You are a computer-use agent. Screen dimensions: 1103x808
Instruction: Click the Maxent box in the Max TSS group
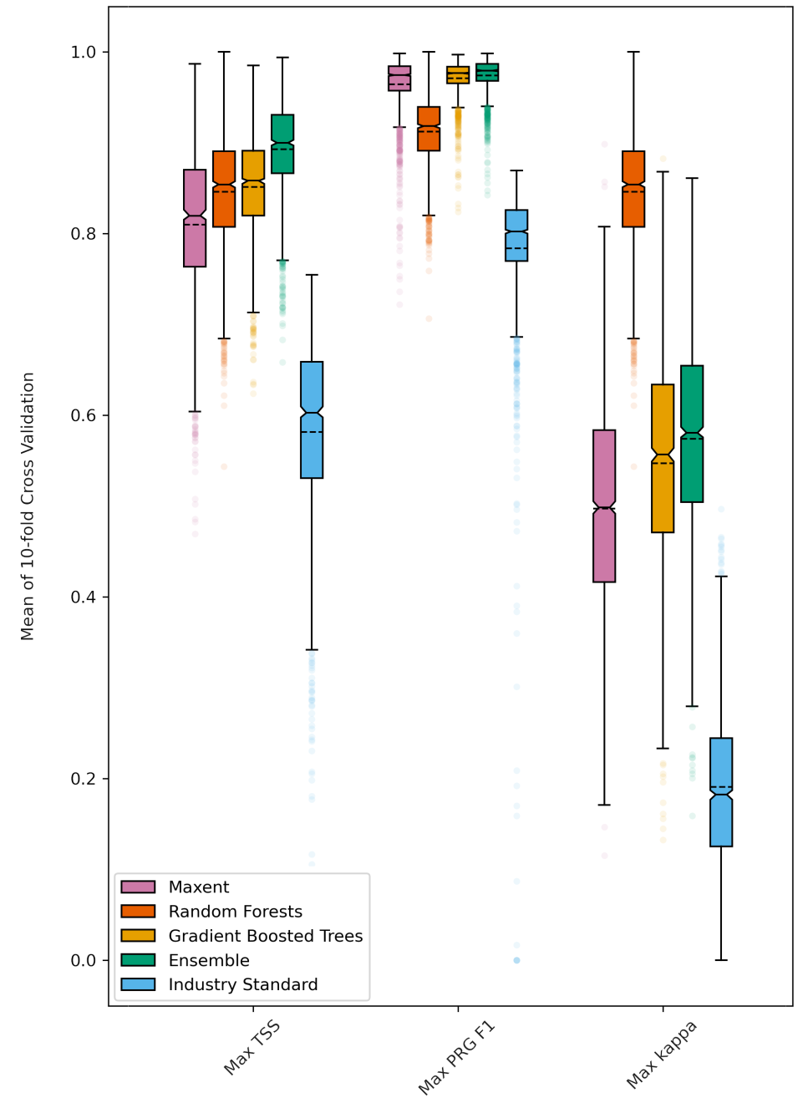(x=195, y=218)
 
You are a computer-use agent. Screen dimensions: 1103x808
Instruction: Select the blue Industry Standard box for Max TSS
(x=312, y=419)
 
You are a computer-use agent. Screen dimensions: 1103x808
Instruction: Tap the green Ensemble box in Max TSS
(x=282, y=144)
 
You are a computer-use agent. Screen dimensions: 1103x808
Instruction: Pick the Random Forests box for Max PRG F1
(x=429, y=129)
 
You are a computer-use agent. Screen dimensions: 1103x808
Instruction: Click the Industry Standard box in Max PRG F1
(x=516, y=235)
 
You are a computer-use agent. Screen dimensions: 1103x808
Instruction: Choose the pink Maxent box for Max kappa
(x=604, y=506)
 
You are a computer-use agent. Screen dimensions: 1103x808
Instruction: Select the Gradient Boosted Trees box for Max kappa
(x=663, y=458)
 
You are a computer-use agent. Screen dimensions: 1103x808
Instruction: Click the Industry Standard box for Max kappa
(x=721, y=792)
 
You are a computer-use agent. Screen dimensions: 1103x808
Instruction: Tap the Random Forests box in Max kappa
(x=633, y=189)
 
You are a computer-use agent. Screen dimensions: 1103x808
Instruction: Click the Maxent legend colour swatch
(x=138, y=887)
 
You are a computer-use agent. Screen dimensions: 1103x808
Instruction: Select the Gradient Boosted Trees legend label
(x=266, y=936)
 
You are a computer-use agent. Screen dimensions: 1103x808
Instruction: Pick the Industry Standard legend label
(x=243, y=984)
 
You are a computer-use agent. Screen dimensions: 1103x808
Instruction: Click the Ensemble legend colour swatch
(x=138, y=960)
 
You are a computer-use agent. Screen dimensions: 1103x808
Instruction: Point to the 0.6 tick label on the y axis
(x=84, y=415)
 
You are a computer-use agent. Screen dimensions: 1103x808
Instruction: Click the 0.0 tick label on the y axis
(x=84, y=960)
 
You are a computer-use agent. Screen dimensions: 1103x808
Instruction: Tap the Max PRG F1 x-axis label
(x=456, y=1057)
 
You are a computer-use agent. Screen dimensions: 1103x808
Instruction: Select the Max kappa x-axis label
(x=661, y=1055)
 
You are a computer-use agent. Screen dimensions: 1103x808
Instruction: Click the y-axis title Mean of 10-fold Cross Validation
(x=28, y=506)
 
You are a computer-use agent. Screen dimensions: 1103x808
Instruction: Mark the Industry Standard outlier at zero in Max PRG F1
(x=516, y=960)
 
